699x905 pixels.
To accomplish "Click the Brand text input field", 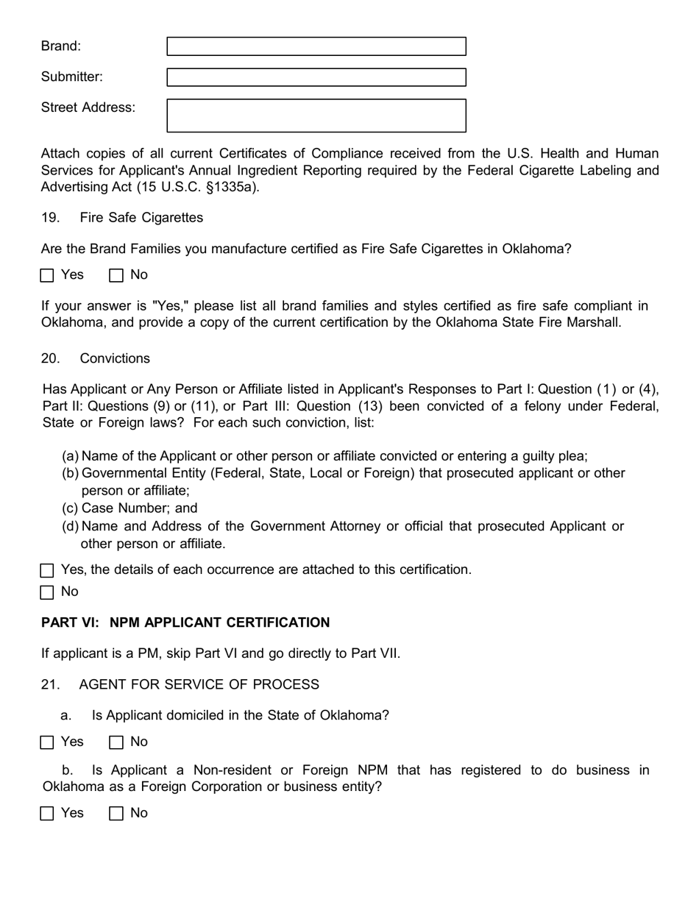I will [316, 46].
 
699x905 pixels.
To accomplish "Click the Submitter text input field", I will [316, 77].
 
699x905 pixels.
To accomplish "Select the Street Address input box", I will [316, 116].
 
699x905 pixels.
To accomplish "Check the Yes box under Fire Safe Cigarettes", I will [47, 276].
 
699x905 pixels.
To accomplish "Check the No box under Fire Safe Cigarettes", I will [116, 276].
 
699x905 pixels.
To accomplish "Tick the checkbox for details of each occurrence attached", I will [47, 571].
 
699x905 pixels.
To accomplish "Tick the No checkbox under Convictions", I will [47, 592].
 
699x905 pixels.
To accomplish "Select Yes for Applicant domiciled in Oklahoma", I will [47, 742].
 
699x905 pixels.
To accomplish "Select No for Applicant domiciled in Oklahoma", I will [116, 742].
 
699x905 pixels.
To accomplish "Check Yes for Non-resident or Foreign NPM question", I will [47, 814].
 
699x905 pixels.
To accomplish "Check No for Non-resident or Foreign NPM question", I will [116, 814].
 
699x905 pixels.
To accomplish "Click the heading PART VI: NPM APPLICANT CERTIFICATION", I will [185, 622].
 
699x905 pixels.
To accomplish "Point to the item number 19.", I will [50, 218].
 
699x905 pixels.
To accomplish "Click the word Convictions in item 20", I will [115, 358].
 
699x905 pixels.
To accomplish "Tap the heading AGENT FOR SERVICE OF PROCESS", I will [199, 684].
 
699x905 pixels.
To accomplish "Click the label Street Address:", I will [88, 107].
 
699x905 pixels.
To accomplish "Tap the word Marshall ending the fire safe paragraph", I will [594, 322].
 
